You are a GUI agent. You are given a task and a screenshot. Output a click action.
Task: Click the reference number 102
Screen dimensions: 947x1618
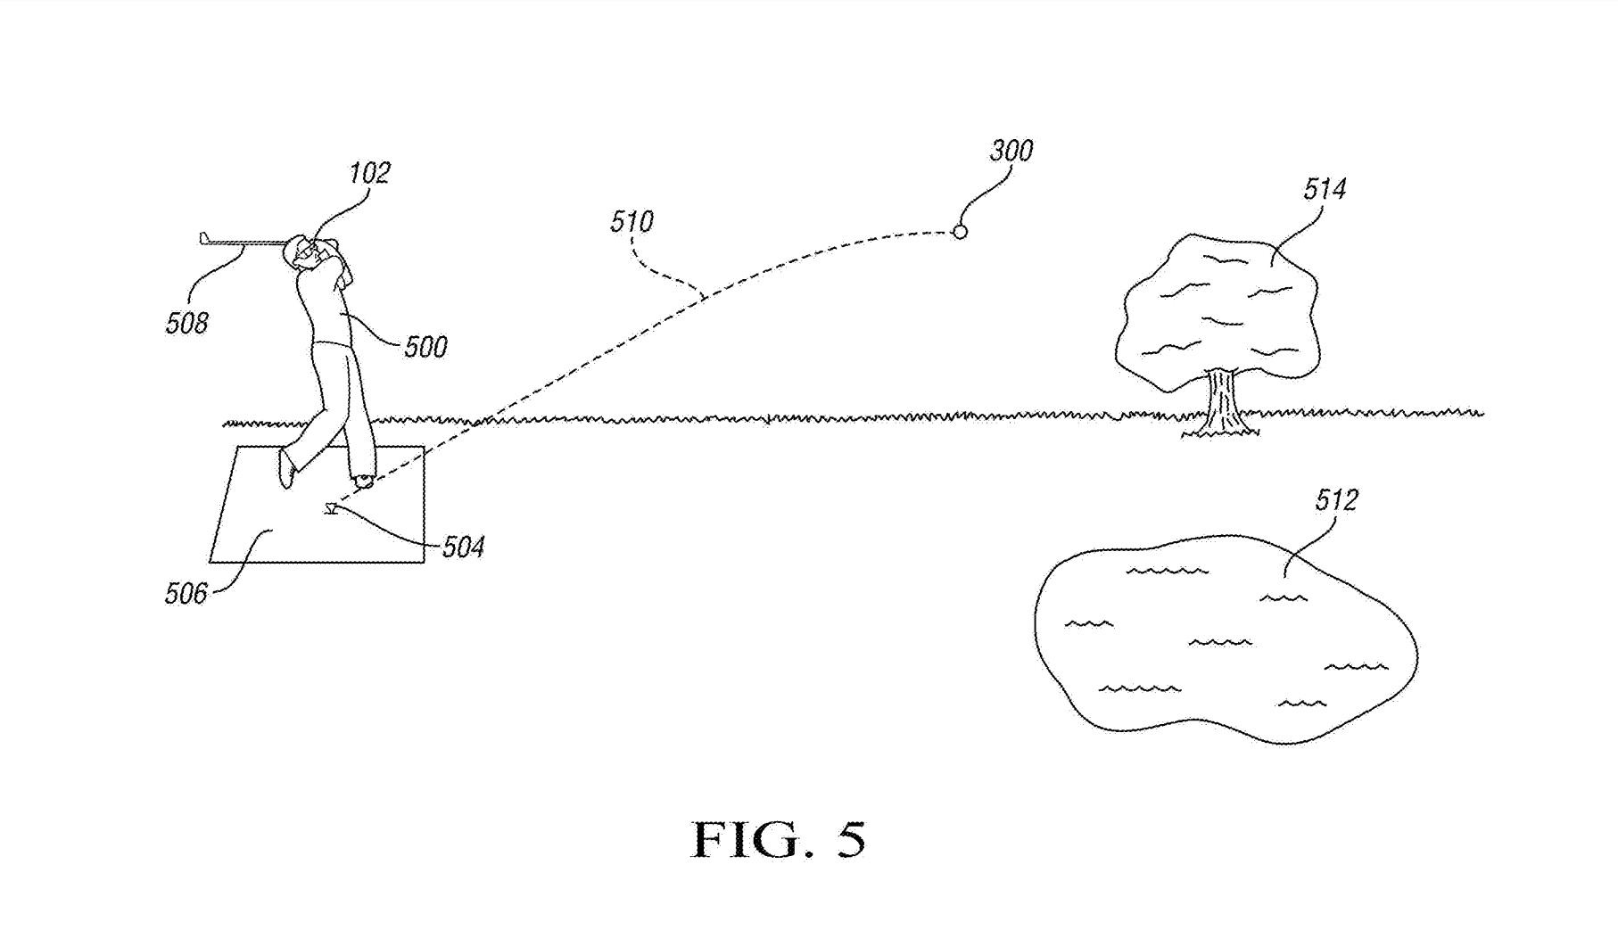(369, 173)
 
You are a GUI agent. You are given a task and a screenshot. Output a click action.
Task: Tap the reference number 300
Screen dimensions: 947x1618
(1011, 152)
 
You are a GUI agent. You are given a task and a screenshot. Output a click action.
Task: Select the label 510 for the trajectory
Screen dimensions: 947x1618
(632, 222)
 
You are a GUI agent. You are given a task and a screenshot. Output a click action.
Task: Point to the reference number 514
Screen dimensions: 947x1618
(1325, 189)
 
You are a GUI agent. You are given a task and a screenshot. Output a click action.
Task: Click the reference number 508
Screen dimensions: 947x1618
(186, 323)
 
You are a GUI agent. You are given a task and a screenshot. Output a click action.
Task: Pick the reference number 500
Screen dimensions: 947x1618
(425, 347)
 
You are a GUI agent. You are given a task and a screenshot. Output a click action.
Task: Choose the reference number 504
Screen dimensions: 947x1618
(463, 547)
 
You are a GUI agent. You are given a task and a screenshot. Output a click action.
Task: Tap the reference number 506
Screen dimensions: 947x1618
(186, 593)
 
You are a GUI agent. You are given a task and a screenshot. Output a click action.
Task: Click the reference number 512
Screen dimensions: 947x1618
(1336, 500)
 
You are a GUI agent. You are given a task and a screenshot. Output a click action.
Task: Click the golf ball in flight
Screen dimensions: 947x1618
(960, 232)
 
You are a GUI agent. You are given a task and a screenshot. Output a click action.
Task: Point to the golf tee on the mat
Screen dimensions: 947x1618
(331, 509)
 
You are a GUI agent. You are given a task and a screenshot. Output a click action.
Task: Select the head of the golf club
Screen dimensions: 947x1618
(204, 238)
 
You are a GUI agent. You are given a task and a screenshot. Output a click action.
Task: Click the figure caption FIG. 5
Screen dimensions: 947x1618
(778, 840)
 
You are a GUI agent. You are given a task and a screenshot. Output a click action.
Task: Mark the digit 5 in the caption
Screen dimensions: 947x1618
(850, 840)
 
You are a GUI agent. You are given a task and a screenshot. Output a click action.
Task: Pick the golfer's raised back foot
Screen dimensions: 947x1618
(286, 467)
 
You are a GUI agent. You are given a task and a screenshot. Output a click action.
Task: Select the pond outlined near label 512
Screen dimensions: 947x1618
(1222, 642)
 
